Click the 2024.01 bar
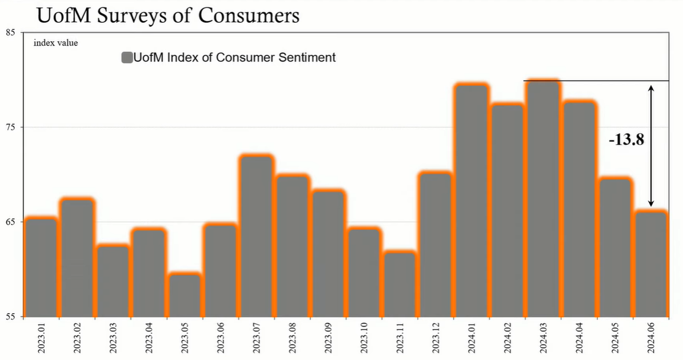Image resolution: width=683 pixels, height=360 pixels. pos(472,200)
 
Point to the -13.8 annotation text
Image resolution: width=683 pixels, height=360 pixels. pos(626,139)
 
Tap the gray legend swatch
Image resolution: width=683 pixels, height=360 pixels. pos(126,58)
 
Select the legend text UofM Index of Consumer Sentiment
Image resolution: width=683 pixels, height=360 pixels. pos(234,58)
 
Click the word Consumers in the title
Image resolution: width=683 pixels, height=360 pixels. pos(250,15)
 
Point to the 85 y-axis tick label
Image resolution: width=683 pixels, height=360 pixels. pos(11,33)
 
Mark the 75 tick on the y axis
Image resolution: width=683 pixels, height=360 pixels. pos(11,127)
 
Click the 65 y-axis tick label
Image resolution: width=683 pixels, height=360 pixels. pos(11,222)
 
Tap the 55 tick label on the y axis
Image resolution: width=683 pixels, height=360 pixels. pos(11,317)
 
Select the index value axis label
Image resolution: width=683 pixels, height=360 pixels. pos(55,43)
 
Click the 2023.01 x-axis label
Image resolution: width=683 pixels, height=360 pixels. pos(42,338)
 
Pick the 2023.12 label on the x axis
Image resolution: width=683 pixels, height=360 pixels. pos(436,338)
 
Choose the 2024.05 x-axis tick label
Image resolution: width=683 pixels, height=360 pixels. pos(615,338)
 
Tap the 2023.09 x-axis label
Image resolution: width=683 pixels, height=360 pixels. pos(329,338)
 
